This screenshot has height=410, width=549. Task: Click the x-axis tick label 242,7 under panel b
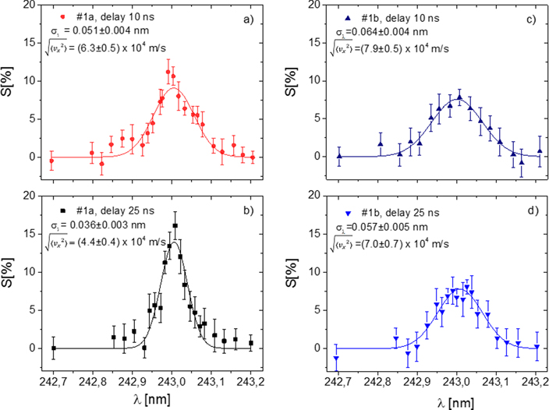[x=53, y=380]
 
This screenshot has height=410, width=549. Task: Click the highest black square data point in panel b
[x=175, y=226]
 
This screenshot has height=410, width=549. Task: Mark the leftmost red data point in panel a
[x=52, y=161]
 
